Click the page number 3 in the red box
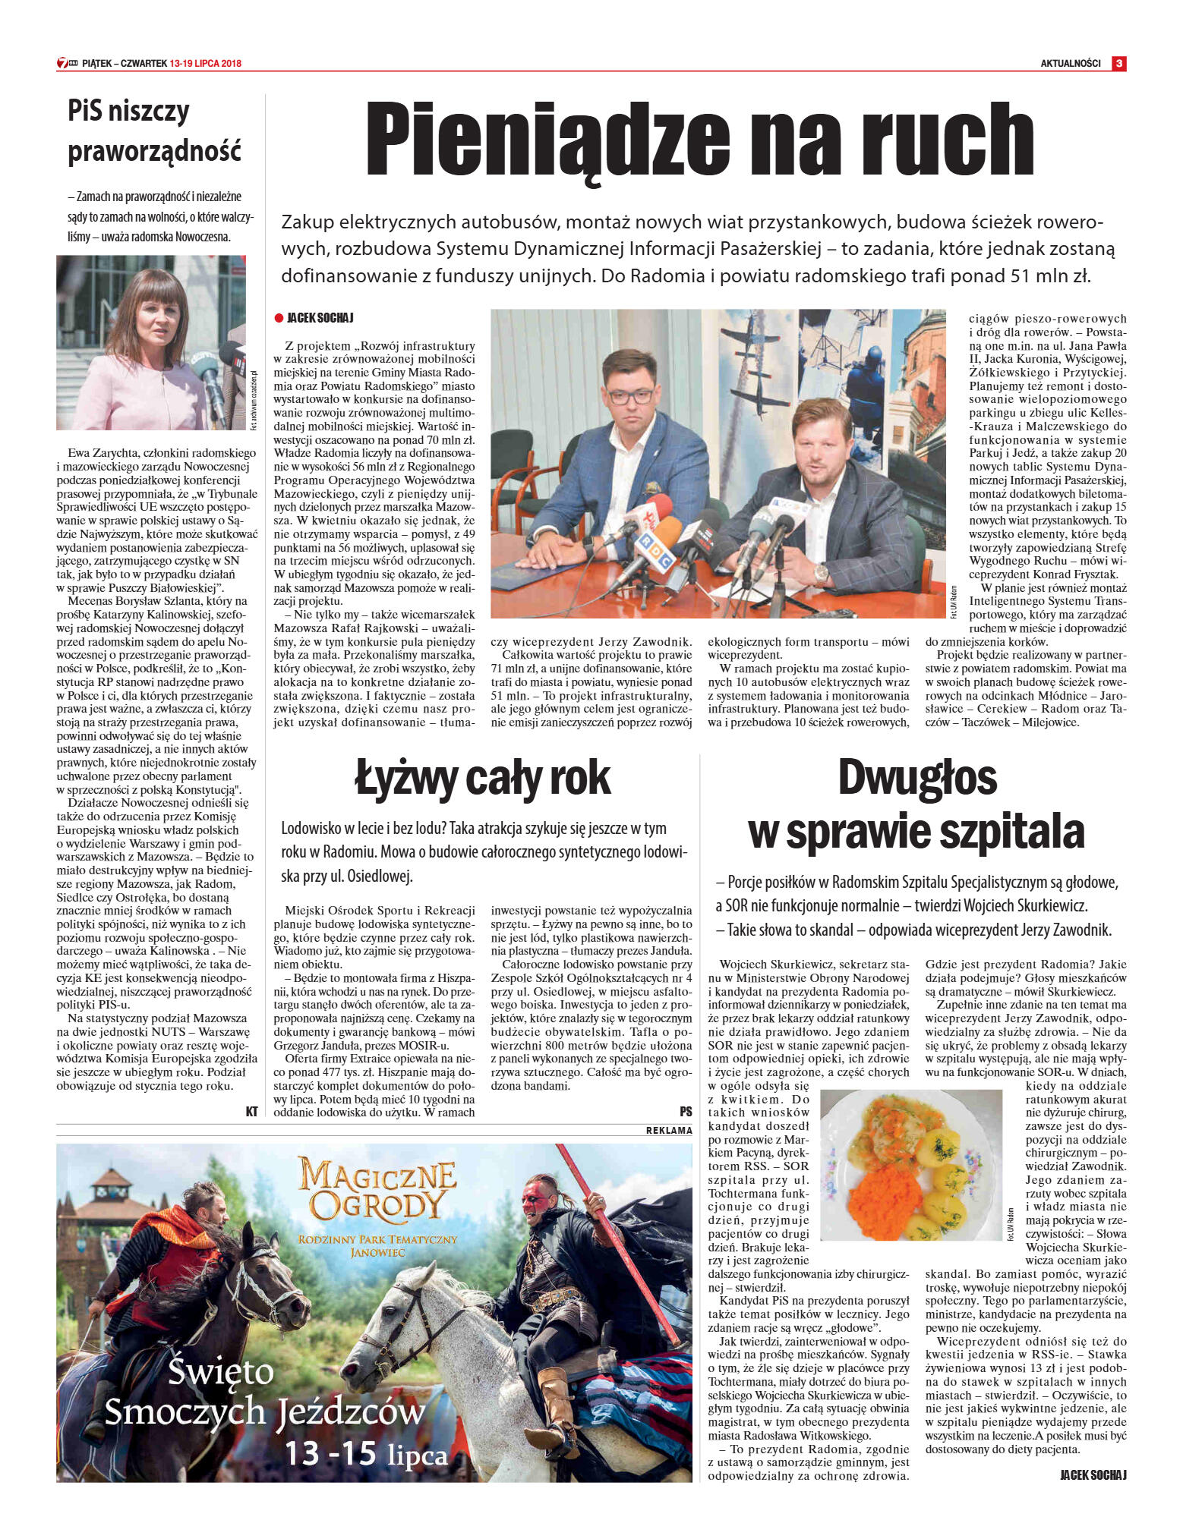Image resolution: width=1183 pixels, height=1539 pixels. click(x=1118, y=64)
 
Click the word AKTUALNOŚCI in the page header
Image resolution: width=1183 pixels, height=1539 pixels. click(x=1070, y=64)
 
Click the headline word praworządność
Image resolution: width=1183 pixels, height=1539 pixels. click(x=154, y=151)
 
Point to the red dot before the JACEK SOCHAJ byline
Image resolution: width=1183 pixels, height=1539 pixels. click(x=279, y=318)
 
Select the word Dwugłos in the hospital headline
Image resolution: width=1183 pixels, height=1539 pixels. click(x=916, y=777)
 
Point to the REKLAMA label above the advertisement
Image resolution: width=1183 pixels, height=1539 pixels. click(x=668, y=1130)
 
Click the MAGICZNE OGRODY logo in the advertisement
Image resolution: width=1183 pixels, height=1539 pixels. click(x=377, y=1189)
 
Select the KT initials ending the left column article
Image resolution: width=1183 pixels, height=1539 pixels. click(x=251, y=1111)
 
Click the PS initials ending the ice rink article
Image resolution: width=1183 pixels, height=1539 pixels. click(x=686, y=1111)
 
